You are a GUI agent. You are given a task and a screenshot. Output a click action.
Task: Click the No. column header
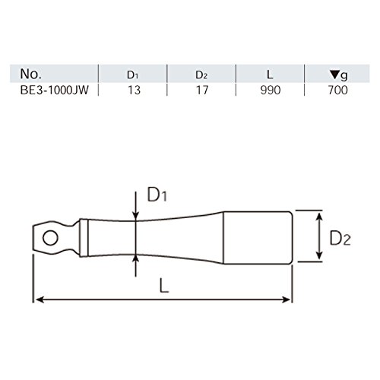(x=30, y=74)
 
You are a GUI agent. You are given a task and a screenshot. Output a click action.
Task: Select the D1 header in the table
(x=132, y=74)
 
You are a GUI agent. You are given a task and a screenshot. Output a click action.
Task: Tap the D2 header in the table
(x=201, y=74)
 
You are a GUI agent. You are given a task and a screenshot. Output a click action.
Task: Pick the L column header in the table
(x=270, y=74)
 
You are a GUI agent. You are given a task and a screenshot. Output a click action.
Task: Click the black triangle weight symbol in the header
(x=334, y=74)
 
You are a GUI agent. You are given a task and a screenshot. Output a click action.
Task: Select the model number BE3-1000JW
(x=55, y=90)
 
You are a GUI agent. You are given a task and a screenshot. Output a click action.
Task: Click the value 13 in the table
(x=134, y=90)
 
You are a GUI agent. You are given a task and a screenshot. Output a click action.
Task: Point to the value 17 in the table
(x=202, y=90)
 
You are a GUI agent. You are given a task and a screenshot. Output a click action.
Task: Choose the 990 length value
(x=271, y=90)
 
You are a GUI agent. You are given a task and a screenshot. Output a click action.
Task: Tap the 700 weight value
(x=338, y=90)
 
